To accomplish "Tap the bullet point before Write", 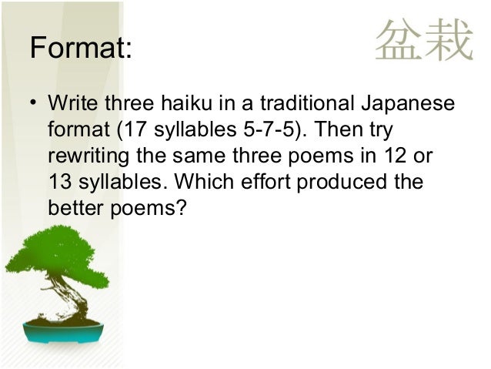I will click(x=34, y=103).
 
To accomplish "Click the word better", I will click(x=75, y=207).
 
